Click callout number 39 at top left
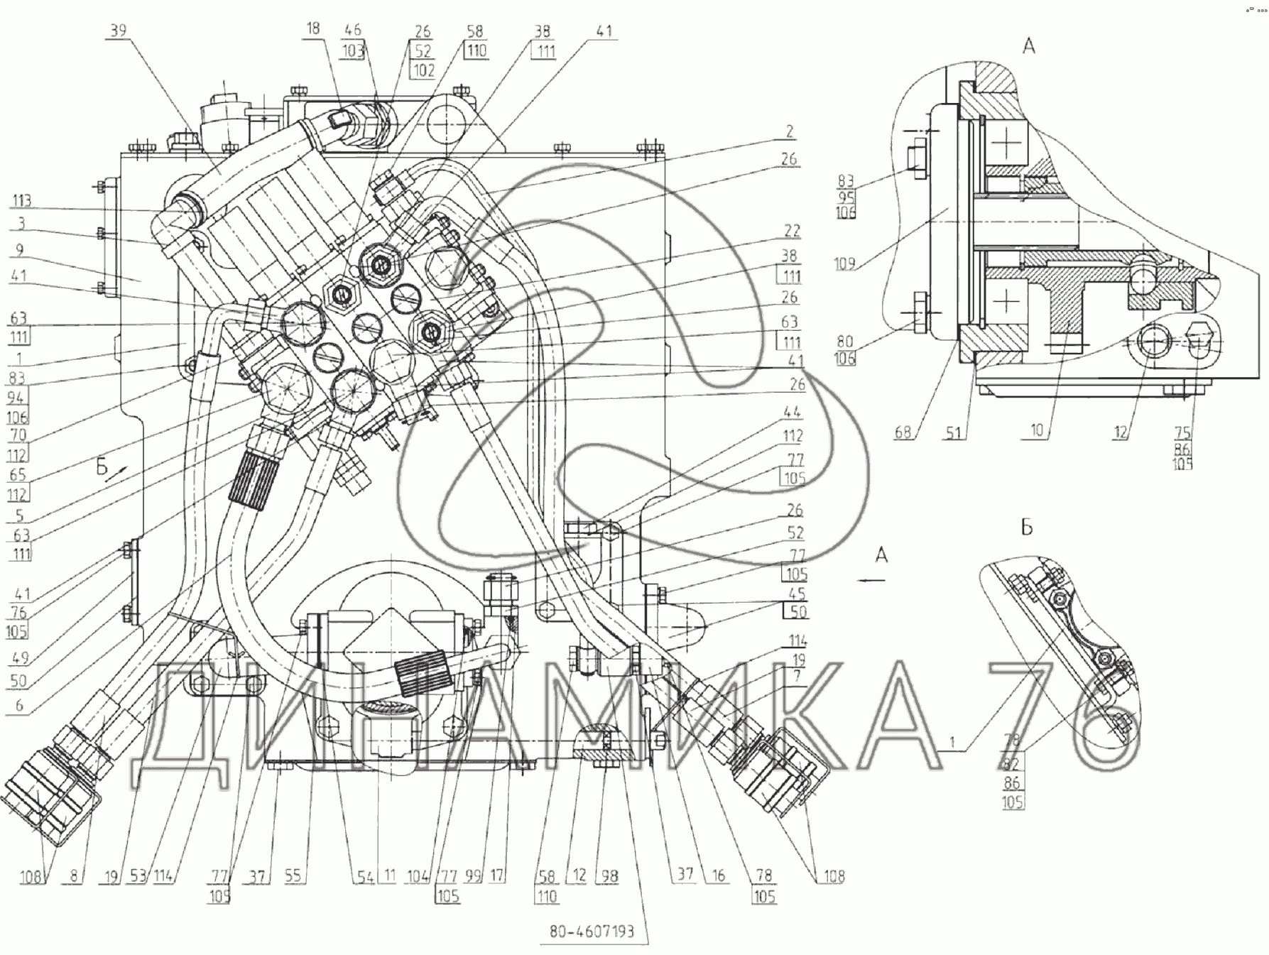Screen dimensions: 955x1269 [118, 31]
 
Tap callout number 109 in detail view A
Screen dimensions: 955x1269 [845, 264]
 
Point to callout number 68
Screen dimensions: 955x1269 [903, 431]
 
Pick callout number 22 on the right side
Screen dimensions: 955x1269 [791, 231]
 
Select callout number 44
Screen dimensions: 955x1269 [793, 413]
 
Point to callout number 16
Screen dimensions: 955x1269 [719, 875]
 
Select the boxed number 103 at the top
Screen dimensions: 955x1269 [353, 50]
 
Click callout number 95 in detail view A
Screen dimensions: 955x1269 [845, 197]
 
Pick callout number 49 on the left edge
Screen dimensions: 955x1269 [19, 657]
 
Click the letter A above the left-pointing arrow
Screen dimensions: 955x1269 [881, 555]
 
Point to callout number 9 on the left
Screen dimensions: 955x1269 [20, 249]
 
